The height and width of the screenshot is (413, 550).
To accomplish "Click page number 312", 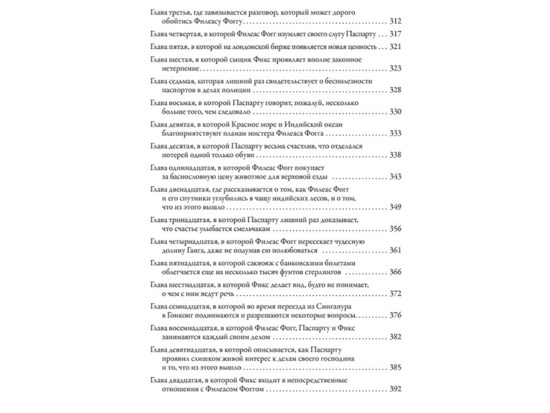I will pyautogui.click(x=395, y=21).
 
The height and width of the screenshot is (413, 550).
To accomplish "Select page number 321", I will pyautogui.click(x=395, y=47).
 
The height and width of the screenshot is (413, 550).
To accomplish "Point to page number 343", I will pyautogui.click(x=395, y=177).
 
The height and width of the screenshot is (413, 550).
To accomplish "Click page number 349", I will pyautogui.click(x=395, y=207).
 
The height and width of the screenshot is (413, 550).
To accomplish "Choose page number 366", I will pyautogui.click(x=395, y=272).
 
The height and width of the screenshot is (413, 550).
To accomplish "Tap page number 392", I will pyautogui.click(x=395, y=389).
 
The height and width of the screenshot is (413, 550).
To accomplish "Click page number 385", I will pyautogui.click(x=395, y=367).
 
